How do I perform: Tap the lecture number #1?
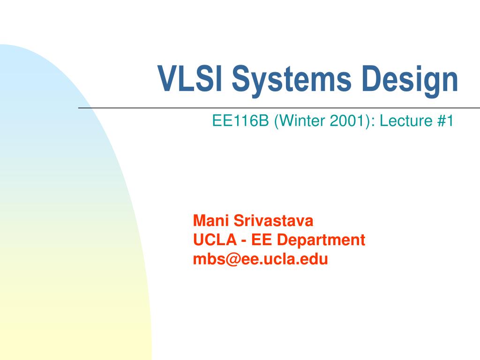(x=445, y=121)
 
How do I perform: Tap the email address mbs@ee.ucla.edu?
(x=261, y=259)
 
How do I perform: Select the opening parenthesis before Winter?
(x=277, y=121)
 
